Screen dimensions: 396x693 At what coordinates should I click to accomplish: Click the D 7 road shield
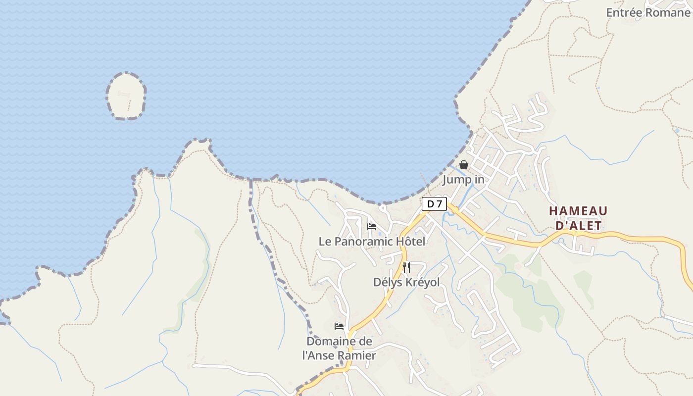tap(434, 203)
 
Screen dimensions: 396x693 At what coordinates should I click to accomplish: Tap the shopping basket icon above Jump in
tap(464, 165)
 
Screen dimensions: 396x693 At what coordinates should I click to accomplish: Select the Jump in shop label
tap(463, 179)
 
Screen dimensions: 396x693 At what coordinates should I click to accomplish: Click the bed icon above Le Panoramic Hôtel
tap(372, 227)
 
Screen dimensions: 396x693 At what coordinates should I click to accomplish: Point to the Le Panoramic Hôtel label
tap(372, 242)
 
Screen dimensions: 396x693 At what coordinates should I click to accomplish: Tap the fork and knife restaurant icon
tap(406, 268)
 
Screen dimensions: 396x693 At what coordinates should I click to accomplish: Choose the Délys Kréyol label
tap(406, 282)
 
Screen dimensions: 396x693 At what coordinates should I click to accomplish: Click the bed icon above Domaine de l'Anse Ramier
tap(339, 327)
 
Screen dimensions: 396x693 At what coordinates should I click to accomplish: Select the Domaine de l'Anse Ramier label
tap(339, 348)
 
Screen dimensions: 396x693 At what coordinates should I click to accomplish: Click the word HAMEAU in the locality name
tap(578, 211)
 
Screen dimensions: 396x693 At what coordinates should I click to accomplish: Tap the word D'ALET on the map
tap(578, 226)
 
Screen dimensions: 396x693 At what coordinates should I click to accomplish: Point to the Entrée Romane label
tap(647, 12)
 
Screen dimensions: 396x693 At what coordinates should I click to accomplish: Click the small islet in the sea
tap(126, 96)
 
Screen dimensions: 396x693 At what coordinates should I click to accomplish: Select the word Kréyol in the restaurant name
tap(422, 282)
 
